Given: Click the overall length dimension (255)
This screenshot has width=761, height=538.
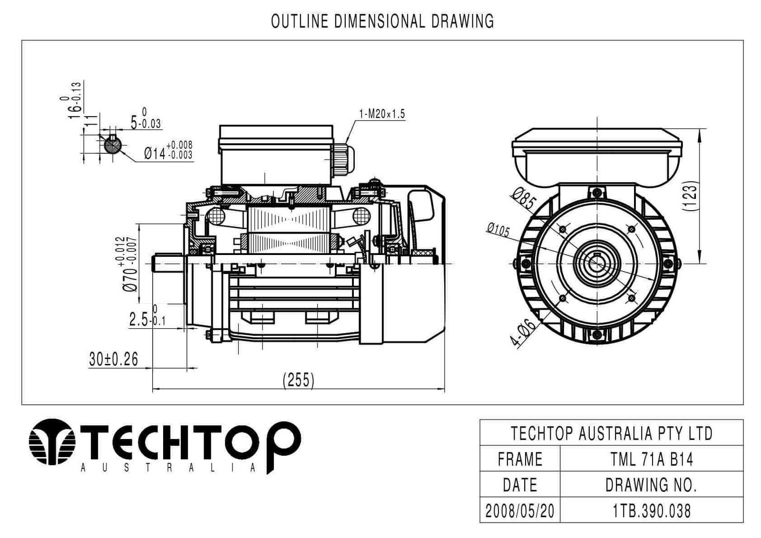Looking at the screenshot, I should [299, 380].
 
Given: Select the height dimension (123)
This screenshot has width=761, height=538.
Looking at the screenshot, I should [690, 195].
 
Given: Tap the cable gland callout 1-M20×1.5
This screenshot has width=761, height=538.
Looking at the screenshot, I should [381, 114].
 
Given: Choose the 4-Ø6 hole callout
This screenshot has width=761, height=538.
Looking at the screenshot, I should [524, 333].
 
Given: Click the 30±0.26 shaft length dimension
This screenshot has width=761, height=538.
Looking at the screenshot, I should [114, 359].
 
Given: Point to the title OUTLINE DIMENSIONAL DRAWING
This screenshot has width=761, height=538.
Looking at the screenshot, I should [382, 21].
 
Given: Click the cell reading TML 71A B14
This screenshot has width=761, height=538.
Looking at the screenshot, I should [652, 459].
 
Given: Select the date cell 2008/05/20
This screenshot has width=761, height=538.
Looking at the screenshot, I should [519, 510].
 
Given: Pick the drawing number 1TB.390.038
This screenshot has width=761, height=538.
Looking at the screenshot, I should [652, 510].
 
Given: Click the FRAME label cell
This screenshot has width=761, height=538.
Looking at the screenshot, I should [519, 459].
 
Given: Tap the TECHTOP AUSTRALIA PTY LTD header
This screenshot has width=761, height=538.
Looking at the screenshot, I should [611, 433].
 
